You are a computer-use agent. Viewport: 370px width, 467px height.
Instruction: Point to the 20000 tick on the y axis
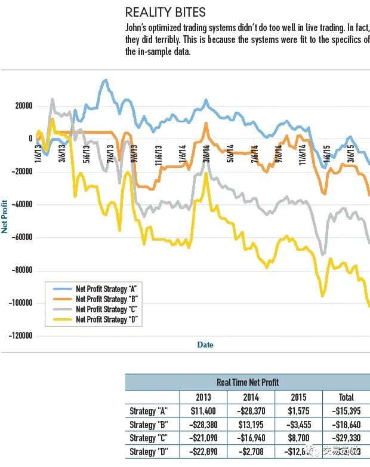click(23, 106)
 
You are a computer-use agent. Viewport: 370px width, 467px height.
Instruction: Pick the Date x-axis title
click(205, 345)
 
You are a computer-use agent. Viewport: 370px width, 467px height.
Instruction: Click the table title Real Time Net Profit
click(247, 382)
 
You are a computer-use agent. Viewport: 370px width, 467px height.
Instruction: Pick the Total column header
click(346, 397)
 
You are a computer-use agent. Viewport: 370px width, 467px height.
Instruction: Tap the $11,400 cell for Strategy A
click(203, 411)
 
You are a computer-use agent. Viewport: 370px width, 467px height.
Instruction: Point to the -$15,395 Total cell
click(346, 411)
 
